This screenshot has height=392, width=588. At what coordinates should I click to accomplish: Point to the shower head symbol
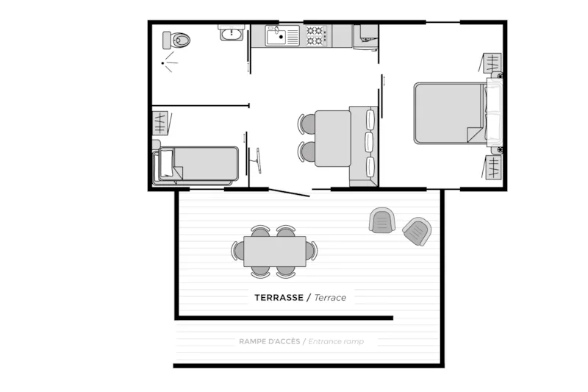[x=170, y=62]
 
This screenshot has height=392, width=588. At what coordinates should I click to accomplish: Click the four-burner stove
[x=316, y=35]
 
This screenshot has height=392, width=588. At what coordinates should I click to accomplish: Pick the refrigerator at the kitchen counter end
[x=365, y=36]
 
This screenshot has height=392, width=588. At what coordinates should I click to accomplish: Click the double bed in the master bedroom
[x=449, y=113]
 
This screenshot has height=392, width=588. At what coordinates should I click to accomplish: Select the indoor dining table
[x=332, y=138]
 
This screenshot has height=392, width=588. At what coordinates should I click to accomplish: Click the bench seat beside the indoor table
[x=365, y=145]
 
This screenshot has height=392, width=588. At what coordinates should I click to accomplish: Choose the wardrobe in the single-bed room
[x=160, y=121]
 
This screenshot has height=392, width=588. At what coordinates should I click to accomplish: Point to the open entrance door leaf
[x=289, y=193]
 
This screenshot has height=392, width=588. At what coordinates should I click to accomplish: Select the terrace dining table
[x=275, y=251]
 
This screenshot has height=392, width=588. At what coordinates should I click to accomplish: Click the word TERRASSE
[x=280, y=298]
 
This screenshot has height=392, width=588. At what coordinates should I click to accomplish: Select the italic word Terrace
[x=330, y=298]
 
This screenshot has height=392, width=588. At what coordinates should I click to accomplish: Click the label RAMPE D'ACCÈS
[x=268, y=341]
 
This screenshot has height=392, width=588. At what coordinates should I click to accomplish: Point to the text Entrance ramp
[x=336, y=341]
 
